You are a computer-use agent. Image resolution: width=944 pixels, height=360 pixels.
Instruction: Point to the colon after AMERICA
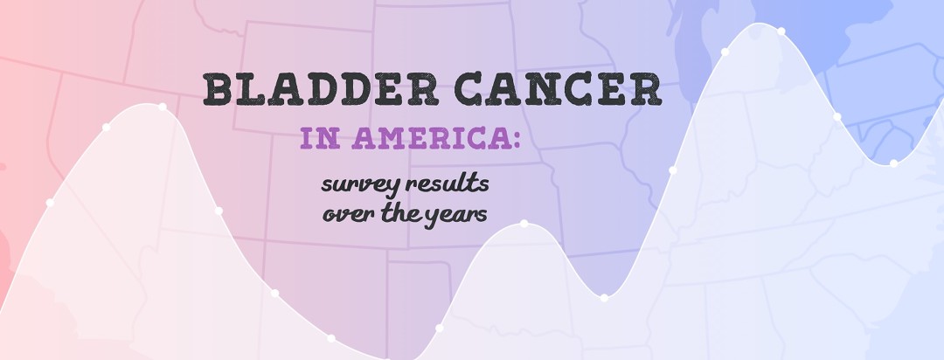point(513,140)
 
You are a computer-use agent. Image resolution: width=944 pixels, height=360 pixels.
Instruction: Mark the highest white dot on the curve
point(781,31)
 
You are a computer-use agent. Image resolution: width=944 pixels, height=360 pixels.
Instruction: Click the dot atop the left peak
point(163,107)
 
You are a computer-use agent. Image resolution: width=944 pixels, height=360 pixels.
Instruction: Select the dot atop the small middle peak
point(524,224)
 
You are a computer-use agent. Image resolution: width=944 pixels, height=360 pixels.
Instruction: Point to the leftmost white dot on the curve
point(50,203)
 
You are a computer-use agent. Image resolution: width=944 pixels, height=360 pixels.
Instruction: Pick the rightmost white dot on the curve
point(893,163)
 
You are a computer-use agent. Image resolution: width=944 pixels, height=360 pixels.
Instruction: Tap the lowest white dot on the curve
point(330,337)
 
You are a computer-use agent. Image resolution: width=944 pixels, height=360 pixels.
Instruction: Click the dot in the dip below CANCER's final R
point(603,298)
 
